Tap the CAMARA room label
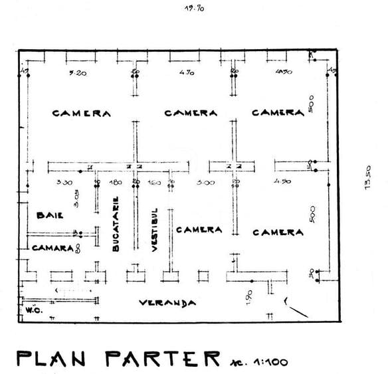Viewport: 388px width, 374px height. pos(52,247)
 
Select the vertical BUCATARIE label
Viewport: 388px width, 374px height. pos(116,223)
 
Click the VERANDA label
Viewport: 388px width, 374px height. pos(167,303)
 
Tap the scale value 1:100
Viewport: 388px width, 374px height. pos(268,361)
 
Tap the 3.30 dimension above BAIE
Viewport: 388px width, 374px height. pos(64,181)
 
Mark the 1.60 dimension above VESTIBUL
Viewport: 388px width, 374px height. pos(153,181)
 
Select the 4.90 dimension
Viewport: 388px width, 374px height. pos(282,181)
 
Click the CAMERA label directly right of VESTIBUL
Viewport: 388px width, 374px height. pos(198,230)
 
